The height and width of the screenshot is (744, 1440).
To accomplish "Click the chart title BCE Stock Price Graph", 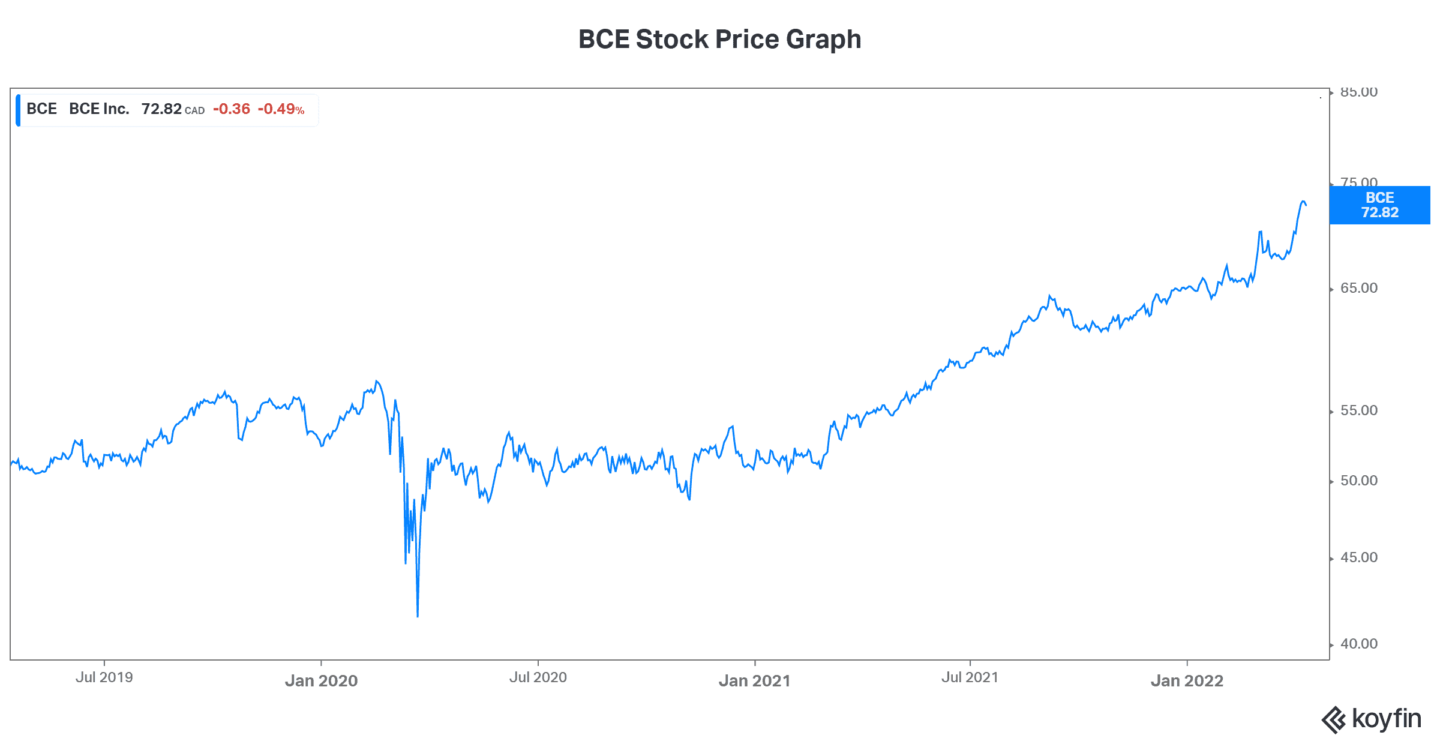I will (719, 40).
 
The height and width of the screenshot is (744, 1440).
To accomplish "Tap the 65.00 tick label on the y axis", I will (1359, 288).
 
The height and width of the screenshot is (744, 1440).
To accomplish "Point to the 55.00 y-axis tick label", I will (1359, 410).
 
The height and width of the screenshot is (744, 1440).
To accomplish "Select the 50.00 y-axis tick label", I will (1359, 481).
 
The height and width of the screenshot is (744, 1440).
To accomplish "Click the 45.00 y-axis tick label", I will (1359, 557).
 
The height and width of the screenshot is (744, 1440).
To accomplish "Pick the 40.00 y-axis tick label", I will (1359, 644).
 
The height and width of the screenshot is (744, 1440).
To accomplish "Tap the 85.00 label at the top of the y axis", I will (1359, 92).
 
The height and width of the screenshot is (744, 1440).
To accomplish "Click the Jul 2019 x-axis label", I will (104, 677).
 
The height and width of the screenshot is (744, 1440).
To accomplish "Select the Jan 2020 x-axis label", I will (321, 680).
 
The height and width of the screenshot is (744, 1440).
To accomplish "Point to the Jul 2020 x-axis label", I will (538, 677).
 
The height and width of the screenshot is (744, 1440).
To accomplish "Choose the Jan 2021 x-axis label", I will (754, 680).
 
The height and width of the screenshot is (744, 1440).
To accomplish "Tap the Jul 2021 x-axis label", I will (970, 677).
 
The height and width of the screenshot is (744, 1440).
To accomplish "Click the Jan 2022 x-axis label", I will (1187, 680).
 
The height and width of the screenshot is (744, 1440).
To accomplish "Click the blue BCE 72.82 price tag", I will (1379, 205).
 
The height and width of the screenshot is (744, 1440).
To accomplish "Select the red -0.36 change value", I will (232, 109).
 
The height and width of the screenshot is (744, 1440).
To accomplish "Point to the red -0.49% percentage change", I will (281, 109).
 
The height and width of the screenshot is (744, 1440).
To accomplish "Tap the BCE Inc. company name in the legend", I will (99, 109).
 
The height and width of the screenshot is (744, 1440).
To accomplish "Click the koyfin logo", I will (1372, 719).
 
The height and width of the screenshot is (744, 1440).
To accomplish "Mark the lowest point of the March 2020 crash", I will (418, 616).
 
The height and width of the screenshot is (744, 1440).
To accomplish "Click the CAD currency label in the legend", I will (194, 111).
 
